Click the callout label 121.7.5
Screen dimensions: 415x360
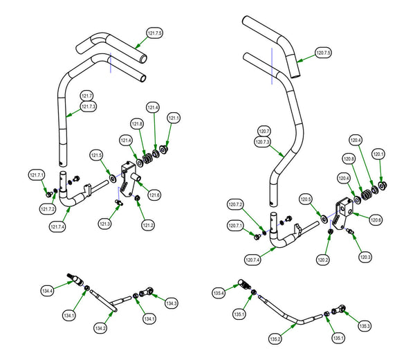155,33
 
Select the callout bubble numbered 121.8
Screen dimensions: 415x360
138,124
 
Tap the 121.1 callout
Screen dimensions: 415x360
173,118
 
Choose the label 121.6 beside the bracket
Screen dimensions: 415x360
154,196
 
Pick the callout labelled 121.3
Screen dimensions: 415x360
105,224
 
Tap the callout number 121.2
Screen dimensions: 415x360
149,225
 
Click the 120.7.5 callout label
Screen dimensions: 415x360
323,53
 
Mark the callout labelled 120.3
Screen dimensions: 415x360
365,258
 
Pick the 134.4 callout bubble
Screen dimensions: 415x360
48,291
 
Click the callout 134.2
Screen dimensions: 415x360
100,327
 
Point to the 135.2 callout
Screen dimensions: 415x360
275,340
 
